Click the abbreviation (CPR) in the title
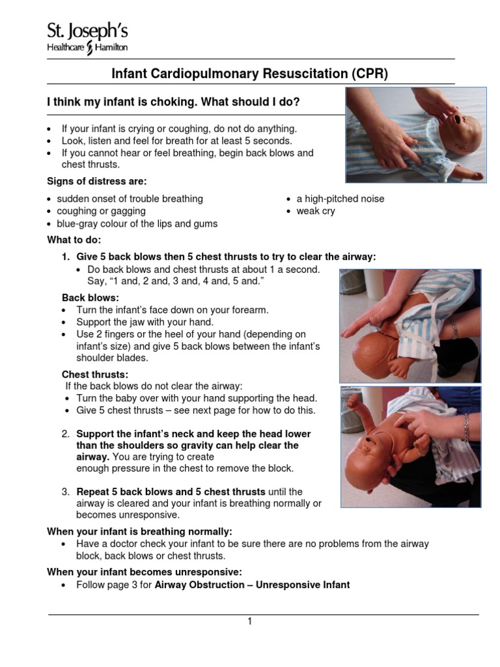point(368,74)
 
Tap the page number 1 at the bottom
point(249,621)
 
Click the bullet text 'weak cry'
point(316,211)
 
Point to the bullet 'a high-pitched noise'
point(340,199)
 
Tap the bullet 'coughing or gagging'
point(101,211)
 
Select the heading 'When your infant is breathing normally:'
point(139,531)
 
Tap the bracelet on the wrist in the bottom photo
point(465,427)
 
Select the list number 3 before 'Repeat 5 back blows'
point(66,491)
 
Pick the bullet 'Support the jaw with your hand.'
point(145,322)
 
